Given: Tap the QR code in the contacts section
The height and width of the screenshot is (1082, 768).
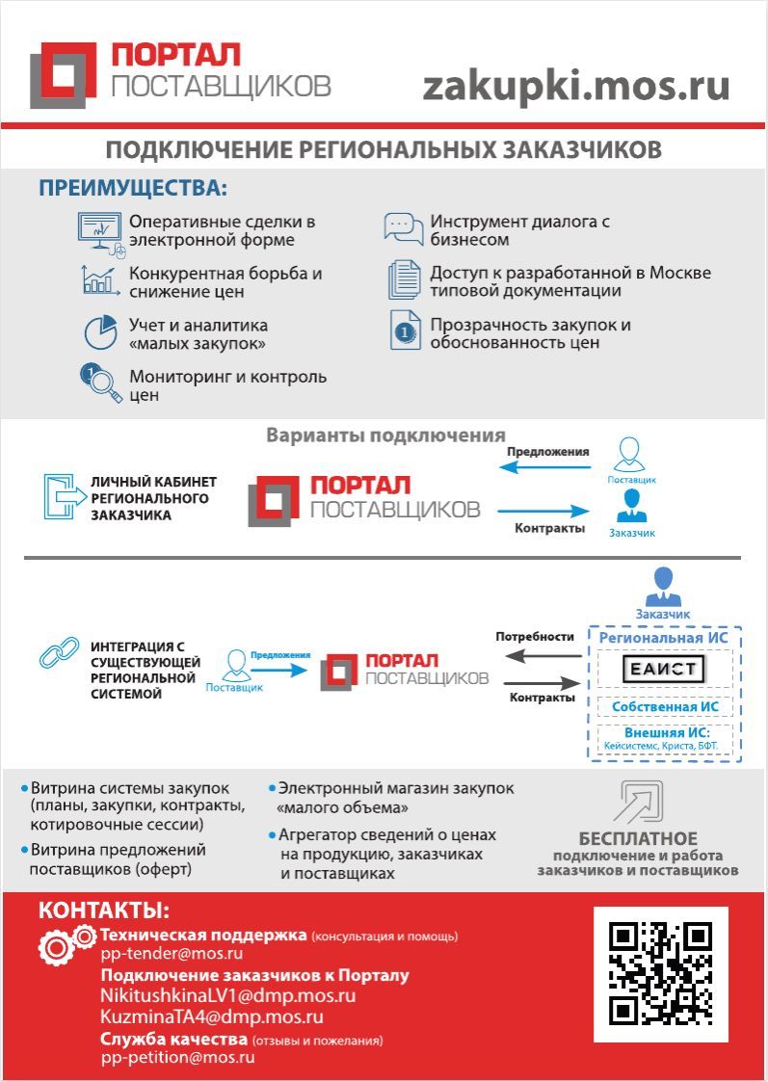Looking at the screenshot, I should [660, 974].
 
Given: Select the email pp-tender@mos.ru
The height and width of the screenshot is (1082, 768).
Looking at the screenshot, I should [172, 954].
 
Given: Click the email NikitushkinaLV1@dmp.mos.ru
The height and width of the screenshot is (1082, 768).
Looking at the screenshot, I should [227, 995].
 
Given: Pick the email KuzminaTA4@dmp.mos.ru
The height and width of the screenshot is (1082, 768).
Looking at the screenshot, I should [211, 1016].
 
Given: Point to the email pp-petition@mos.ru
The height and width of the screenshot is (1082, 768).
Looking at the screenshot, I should [177, 1057].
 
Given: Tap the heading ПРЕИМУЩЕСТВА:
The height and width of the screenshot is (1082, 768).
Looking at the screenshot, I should [133, 187].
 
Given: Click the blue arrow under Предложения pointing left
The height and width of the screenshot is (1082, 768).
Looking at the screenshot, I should [544, 467].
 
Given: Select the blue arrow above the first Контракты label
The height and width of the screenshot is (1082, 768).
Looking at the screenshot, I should [544, 512].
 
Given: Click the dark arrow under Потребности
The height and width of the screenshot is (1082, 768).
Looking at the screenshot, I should [542, 656].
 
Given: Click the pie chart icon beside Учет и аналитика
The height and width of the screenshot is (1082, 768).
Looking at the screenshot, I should [99, 332].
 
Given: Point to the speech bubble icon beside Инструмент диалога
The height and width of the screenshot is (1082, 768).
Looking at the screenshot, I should [403, 228].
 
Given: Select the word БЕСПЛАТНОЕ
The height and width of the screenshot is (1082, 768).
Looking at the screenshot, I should [637, 838].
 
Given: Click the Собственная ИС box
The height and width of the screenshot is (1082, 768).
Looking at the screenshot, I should [665, 706].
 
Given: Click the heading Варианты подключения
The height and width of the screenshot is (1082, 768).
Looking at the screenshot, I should [385, 435].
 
